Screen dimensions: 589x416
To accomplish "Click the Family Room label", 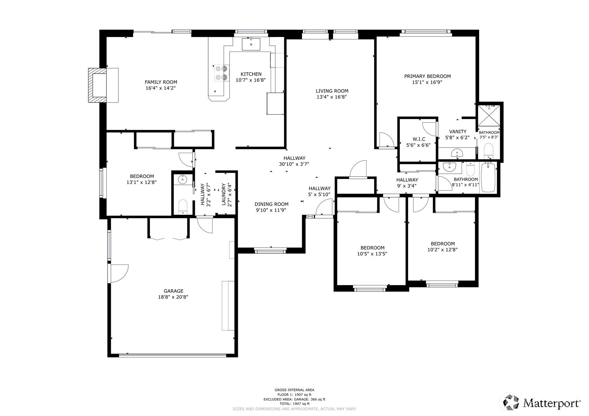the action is click(x=161, y=82).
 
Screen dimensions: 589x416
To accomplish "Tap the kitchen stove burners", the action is click(x=221, y=73).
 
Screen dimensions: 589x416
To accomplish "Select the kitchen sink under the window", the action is click(x=251, y=44).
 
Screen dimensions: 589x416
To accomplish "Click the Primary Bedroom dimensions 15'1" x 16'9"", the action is click(x=427, y=82).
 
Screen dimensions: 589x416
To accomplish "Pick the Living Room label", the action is click(x=332, y=91).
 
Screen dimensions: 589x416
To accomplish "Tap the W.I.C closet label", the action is click(x=419, y=139).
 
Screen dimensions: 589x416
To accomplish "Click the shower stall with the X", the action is click(x=489, y=116).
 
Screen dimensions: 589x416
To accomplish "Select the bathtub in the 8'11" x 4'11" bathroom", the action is click(x=488, y=177).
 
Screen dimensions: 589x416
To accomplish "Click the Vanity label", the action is click(x=458, y=132).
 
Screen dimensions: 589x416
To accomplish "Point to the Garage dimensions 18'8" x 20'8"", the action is click(x=173, y=297).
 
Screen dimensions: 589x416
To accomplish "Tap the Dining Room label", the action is click(x=271, y=204).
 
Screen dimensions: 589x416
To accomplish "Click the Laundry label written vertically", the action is click(x=224, y=194).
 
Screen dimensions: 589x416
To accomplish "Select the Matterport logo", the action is click(x=541, y=402).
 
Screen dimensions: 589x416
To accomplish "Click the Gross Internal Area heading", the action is click(x=295, y=390).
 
